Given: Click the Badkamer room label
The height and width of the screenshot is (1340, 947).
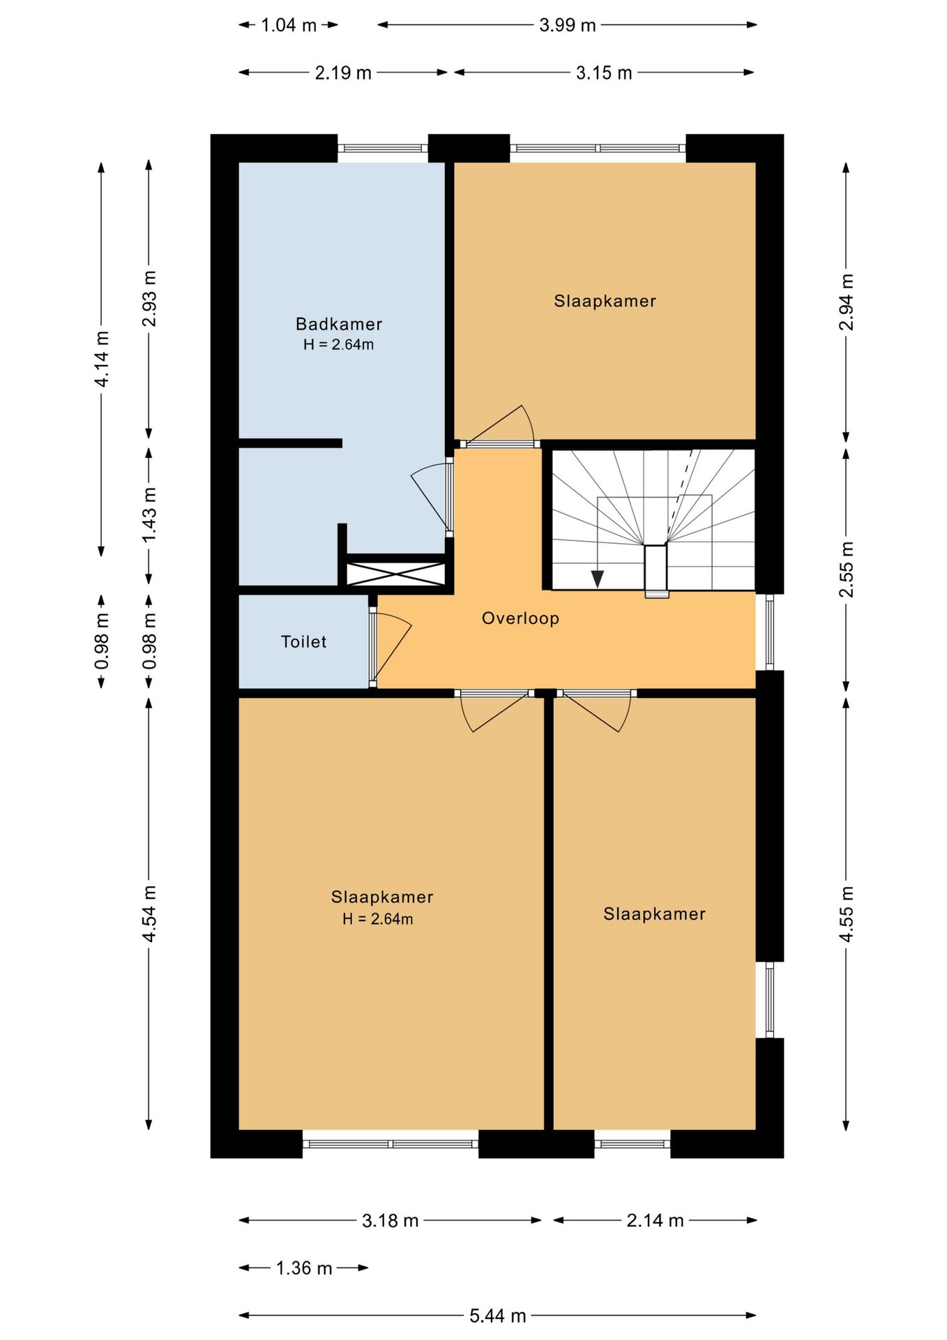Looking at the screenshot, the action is (339, 324).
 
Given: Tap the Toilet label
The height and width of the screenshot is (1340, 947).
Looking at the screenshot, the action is (303, 641).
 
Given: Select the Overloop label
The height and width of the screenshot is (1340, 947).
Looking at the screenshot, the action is (520, 618).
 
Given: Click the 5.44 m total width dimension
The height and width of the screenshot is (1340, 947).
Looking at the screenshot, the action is (497, 1316).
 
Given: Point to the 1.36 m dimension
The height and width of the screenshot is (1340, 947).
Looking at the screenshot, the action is (304, 1268).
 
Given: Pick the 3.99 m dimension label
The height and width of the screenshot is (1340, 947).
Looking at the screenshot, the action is (568, 25).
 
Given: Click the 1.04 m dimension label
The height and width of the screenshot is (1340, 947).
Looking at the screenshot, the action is (289, 25).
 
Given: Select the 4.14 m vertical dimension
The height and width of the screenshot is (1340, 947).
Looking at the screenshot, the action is (102, 359).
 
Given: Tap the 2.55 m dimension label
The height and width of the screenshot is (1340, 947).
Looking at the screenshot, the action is (846, 569).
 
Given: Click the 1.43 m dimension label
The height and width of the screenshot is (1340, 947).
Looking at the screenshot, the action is (149, 514).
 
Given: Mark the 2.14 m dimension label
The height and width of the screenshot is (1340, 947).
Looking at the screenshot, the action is (655, 1220).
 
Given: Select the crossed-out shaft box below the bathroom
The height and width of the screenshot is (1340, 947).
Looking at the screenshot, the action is (396, 574).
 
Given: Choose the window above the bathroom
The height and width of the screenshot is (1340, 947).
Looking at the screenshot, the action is (383, 148).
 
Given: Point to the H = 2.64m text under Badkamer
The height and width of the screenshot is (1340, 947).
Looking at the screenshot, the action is (338, 345).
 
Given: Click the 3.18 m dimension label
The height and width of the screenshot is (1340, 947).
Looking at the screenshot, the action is (390, 1220).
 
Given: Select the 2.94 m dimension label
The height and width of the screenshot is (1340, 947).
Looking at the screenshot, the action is (846, 302).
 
